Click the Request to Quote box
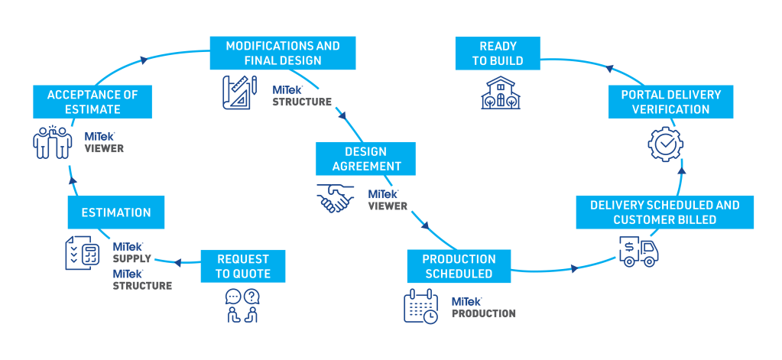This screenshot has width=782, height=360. [242, 265]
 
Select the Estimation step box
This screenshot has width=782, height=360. [116, 212]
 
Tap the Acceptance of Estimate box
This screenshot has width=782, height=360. [92, 102]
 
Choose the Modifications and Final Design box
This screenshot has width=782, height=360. [283, 54]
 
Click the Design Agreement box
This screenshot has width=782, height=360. [366, 158]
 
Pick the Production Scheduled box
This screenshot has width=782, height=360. [459, 266]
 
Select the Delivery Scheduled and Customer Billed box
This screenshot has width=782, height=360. [664, 212]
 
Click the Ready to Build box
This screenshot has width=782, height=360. [501, 54]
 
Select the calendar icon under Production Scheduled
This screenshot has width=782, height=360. [420, 306]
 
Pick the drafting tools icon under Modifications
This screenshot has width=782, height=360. [239, 92]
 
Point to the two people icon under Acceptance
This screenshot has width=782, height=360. [53, 142]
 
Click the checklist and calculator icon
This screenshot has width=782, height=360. [83, 252]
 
